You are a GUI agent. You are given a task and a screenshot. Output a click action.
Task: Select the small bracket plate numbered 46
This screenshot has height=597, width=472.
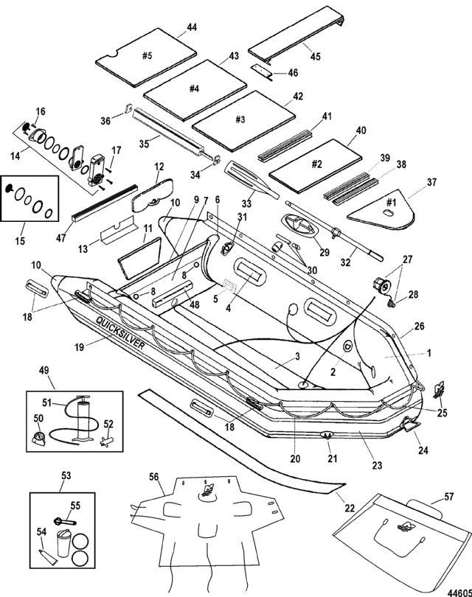(260, 71)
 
